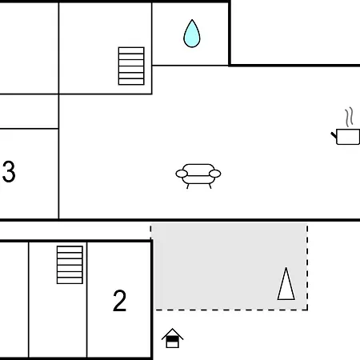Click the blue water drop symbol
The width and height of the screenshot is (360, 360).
pyautogui.click(x=192, y=34)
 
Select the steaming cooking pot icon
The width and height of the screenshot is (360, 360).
pyautogui.click(x=346, y=126)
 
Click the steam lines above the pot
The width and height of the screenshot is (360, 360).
pyautogui.click(x=350, y=117)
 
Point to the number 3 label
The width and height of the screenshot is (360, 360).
pyautogui.click(x=9, y=171)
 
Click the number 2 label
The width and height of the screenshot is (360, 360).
pyautogui.click(x=119, y=301)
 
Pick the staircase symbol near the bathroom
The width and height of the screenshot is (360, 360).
pyautogui.click(x=131, y=66)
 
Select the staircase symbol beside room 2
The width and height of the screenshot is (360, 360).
pyautogui.click(x=70, y=265)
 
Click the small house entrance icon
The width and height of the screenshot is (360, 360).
pyautogui.click(x=172, y=338)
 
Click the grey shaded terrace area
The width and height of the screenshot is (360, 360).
pyautogui.click(x=230, y=266)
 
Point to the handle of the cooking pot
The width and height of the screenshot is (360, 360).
pyautogui.click(x=334, y=135)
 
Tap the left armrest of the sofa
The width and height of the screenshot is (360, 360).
pyautogui.click(x=182, y=174)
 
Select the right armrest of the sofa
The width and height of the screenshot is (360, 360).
pyautogui.click(x=215, y=174)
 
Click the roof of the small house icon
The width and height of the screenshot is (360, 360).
pyautogui.click(x=172, y=333)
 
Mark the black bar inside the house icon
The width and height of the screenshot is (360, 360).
pyautogui.click(x=172, y=339)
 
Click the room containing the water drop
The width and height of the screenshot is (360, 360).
pyautogui.click(x=190, y=34)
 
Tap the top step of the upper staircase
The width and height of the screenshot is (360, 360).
pyautogui.click(x=131, y=50)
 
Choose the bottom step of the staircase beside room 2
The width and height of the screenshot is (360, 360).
pyautogui.click(x=70, y=281)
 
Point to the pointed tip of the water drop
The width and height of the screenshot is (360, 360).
pyautogui.click(x=192, y=20)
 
